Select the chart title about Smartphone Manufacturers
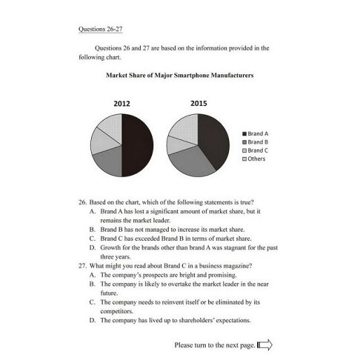point(180,75)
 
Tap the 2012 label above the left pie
point(123,104)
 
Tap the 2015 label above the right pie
point(199,104)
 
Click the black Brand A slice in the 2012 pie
point(138,144)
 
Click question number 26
point(82,201)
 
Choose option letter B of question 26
point(93,230)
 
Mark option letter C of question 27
point(93,302)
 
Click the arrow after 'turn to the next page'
point(265,344)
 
